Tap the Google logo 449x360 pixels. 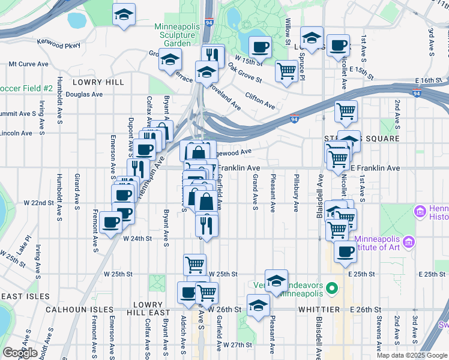point(20,353)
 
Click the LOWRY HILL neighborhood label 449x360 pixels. point(98,82)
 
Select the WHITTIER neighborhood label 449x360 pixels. point(320,309)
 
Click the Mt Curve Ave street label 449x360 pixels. point(28,64)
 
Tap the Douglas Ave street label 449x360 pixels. point(84,94)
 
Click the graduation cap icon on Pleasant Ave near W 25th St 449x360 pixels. point(276,281)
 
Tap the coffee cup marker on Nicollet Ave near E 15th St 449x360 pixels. point(339,45)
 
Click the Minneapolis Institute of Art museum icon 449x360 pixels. point(410,242)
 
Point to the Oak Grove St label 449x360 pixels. point(245,75)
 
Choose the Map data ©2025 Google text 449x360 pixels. point(411,355)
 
